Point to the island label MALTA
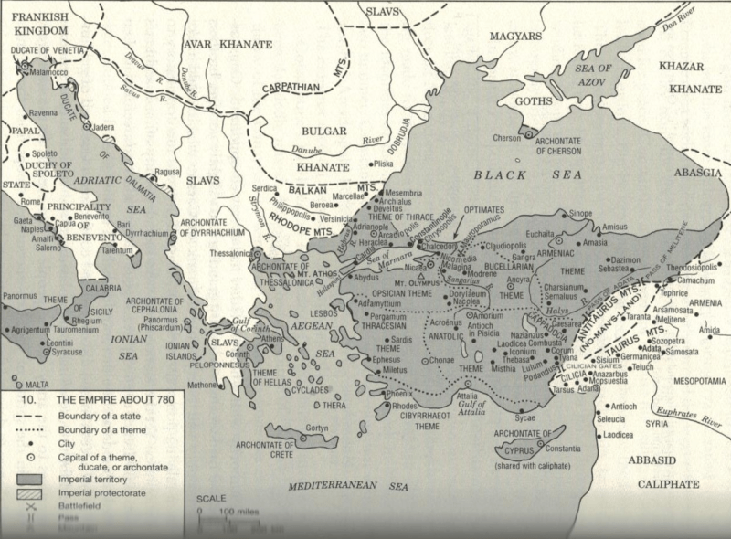(37, 385)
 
